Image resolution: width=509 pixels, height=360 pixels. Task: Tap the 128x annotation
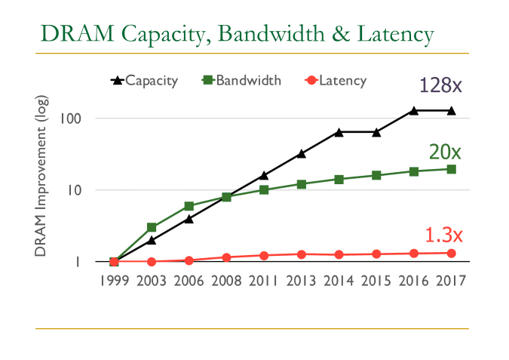point(440,85)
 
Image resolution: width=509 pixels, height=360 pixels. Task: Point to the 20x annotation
point(445,152)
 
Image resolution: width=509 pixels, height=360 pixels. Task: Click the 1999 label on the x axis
point(114,280)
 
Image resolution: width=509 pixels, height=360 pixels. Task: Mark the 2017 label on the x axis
point(451,280)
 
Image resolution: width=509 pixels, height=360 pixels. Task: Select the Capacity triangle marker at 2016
point(413,111)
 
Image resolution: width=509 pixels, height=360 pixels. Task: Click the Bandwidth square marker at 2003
point(152,227)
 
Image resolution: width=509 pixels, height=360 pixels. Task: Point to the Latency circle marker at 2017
point(451,253)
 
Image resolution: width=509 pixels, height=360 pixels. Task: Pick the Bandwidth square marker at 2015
point(376,175)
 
